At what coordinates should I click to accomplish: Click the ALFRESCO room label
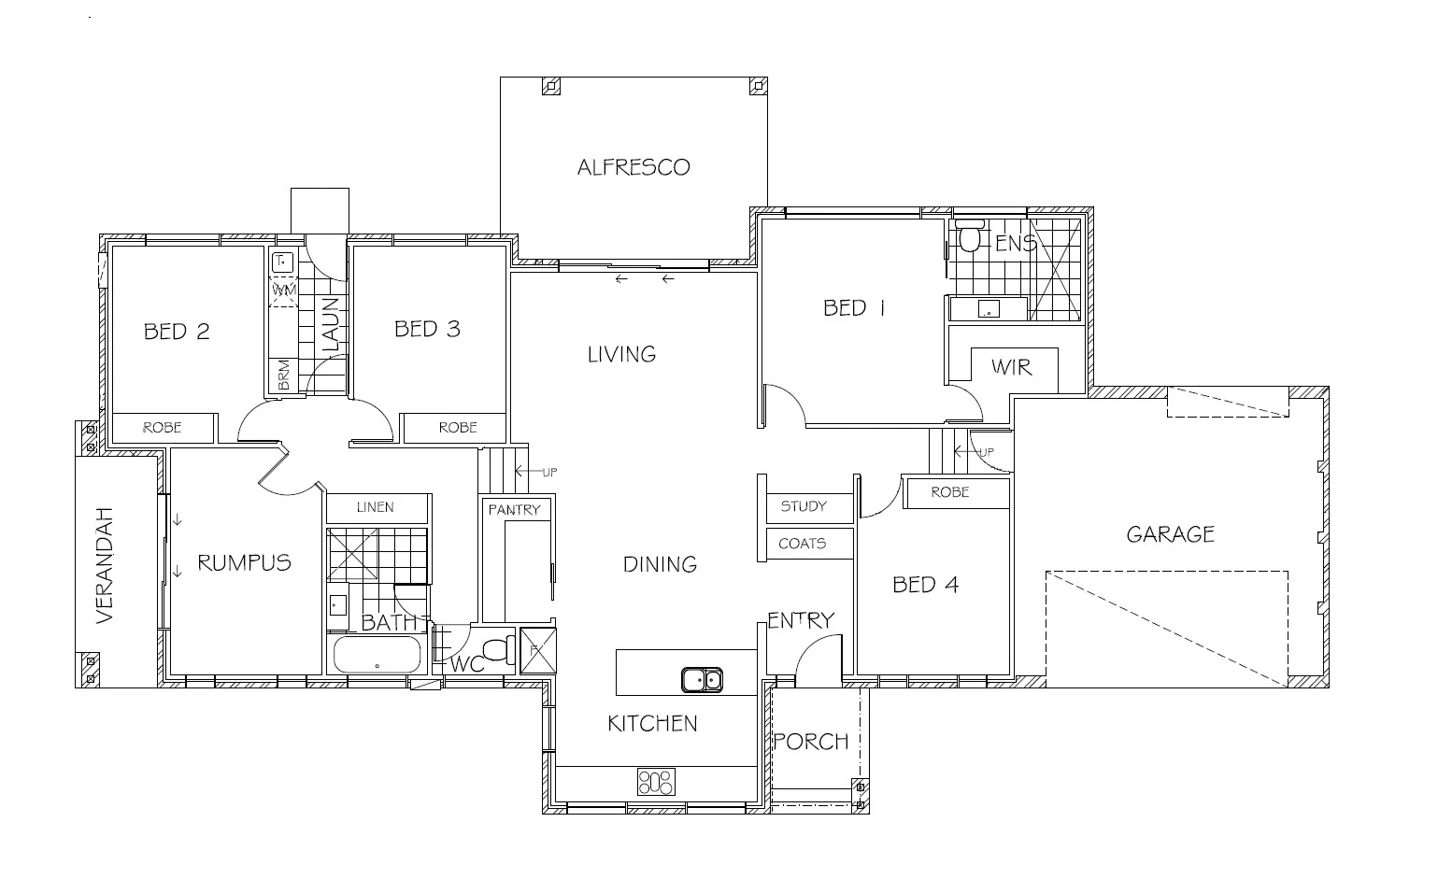coord(633,167)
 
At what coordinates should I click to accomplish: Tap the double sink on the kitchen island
coord(701,679)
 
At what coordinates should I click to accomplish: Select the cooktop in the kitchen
coord(656,781)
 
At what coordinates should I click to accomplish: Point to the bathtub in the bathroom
coord(377,655)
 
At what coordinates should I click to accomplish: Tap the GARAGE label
coord(1170,534)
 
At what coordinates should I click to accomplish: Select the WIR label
coord(1012,367)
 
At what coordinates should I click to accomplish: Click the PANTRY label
coord(514,509)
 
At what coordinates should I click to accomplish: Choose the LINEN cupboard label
coord(376,507)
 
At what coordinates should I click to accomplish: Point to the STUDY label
coord(804,506)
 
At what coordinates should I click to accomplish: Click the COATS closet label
coord(802,543)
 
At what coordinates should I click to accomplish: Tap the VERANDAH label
coord(104,566)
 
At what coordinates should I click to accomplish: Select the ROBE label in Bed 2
coord(162,427)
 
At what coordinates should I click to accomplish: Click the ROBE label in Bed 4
coord(950,491)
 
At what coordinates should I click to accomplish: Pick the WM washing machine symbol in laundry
coord(283,291)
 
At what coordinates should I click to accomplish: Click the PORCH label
coord(811,742)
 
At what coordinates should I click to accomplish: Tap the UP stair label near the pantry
coord(548,473)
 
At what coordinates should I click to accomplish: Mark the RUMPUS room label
coord(244,562)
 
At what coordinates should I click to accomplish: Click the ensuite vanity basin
coord(986,309)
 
